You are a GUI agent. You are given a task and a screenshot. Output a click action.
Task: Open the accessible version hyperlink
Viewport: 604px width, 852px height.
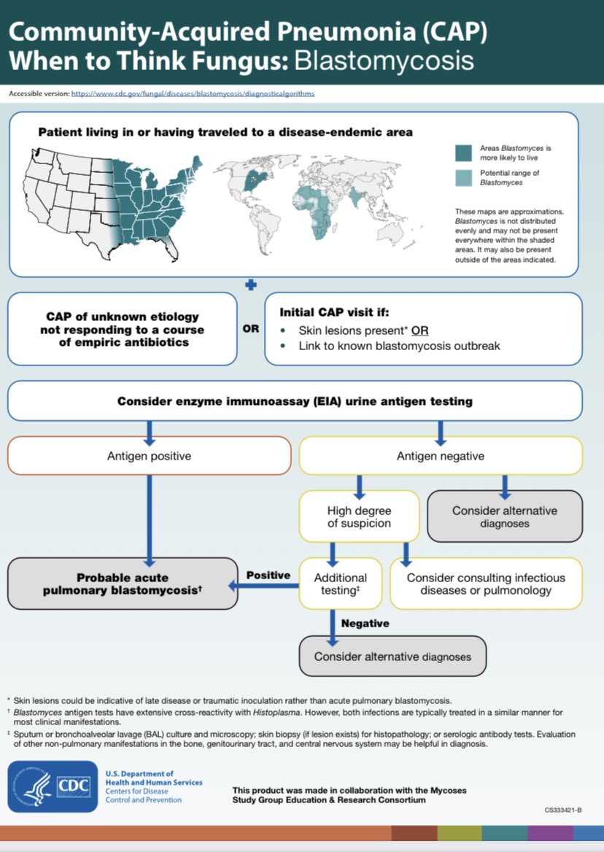pos(197,94)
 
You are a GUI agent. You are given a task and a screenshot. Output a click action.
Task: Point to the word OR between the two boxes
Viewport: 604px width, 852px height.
pos(250,328)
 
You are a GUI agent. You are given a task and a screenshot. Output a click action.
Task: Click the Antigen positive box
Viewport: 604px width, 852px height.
pos(149,456)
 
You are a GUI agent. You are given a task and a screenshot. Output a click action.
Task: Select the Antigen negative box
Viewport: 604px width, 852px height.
pos(441,456)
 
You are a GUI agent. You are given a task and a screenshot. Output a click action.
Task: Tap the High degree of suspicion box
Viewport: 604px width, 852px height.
pos(359,516)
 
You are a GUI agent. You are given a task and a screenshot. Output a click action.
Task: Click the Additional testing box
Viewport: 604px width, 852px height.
pos(341,583)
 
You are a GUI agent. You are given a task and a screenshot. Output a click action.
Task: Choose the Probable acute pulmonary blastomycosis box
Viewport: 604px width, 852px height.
pos(123,583)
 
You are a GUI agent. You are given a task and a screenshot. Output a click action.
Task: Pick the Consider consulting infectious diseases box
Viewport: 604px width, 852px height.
pos(486,583)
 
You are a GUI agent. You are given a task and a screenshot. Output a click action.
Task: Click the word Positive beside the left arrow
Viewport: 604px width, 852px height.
pos(268,575)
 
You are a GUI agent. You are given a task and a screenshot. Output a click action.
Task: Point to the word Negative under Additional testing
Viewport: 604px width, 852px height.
pos(365,624)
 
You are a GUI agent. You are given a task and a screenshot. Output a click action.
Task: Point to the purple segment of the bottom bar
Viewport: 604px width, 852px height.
pos(550,833)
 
